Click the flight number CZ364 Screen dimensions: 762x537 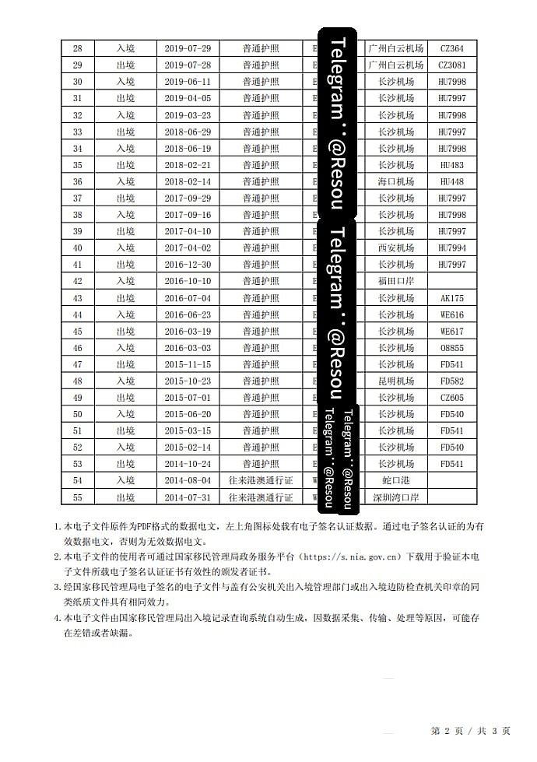(x=451, y=48)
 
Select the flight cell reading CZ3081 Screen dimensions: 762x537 (x=451, y=65)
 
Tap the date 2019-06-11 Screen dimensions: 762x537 (x=188, y=82)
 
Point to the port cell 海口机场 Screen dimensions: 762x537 (x=396, y=181)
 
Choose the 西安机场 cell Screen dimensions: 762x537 (x=396, y=248)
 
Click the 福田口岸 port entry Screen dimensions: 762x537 (x=396, y=281)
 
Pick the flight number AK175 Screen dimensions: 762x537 (x=451, y=298)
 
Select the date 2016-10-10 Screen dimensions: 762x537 (x=188, y=281)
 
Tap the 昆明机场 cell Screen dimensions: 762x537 (x=396, y=381)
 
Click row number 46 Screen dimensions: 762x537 (x=77, y=348)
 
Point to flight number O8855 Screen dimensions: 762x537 (x=451, y=348)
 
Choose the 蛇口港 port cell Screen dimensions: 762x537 (x=396, y=481)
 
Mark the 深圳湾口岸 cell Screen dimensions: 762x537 (x=396, y=497)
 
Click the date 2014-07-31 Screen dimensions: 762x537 (x=188, y=497)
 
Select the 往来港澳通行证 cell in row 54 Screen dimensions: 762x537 (x=261, y=481)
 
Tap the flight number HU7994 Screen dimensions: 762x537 (x=451, y=248)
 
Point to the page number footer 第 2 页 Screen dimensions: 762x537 (x=447, y=731)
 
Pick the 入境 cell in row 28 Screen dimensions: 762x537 (x=125, y=48)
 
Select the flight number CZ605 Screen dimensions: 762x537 (x=451, y=398)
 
